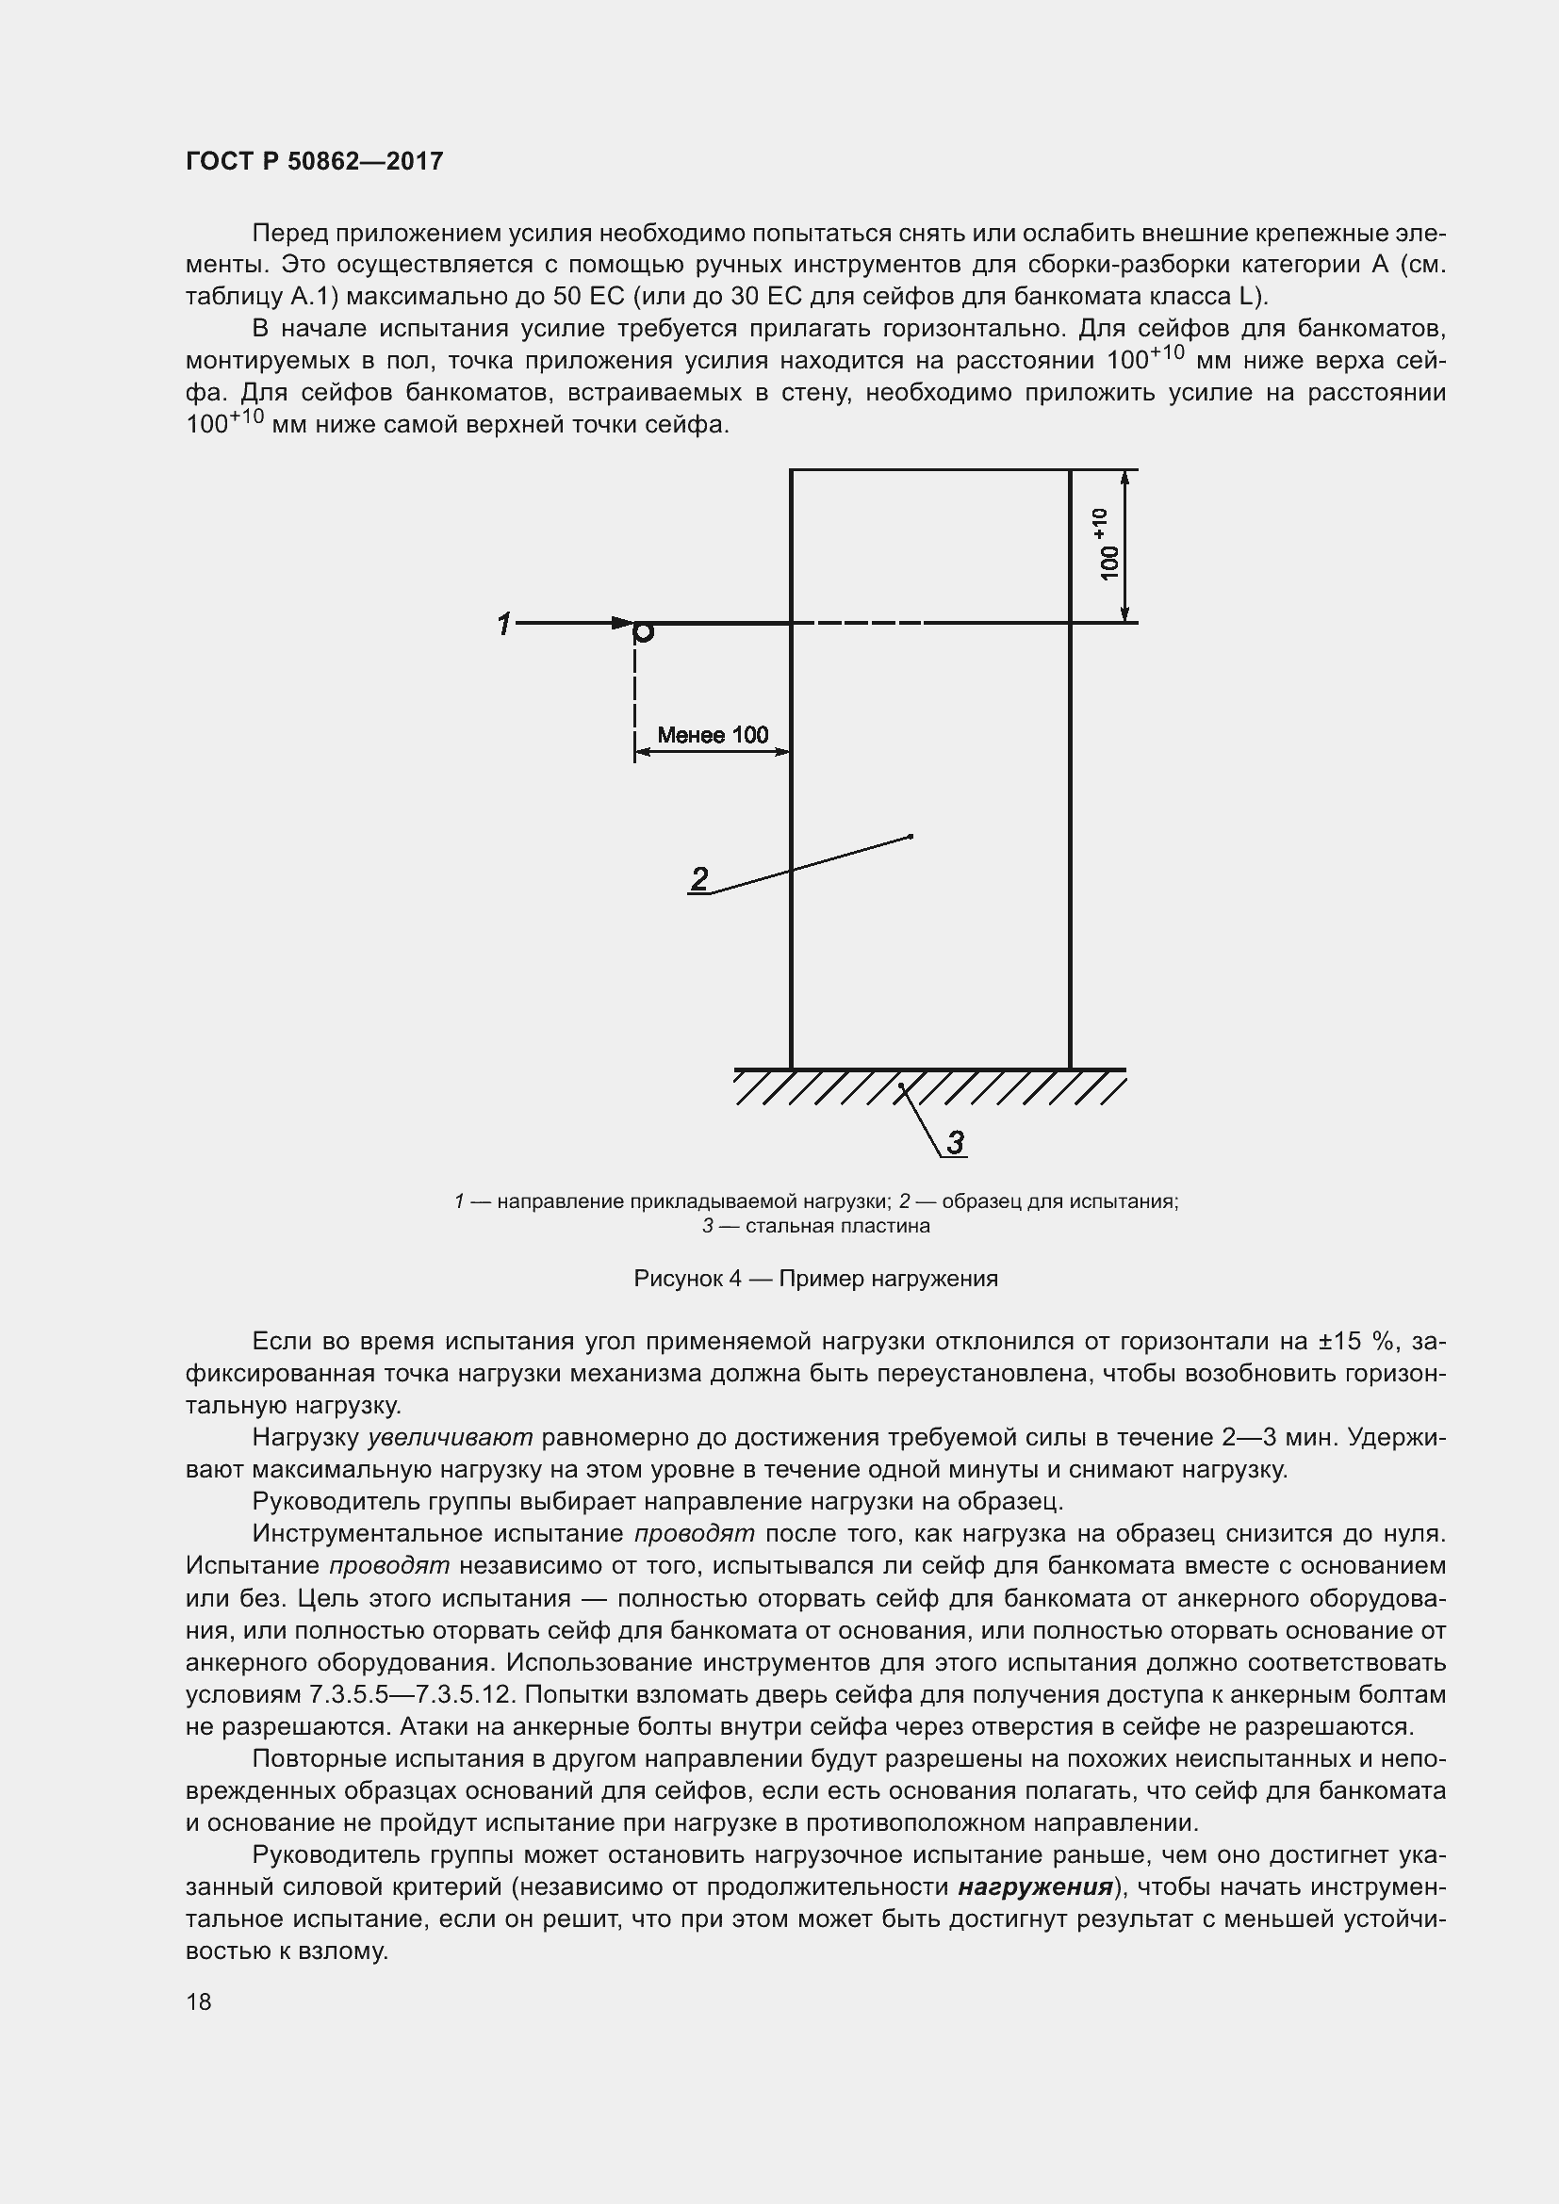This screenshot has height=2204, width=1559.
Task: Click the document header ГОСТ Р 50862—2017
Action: [x=314, y=161]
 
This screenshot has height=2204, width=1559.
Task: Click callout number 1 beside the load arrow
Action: [x=504, y=624]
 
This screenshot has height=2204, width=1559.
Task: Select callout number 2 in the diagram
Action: [x=699, y=877]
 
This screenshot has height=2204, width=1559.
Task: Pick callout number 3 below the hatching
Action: [x=955, y=1142]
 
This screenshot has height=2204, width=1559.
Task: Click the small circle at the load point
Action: [x=644, y=631]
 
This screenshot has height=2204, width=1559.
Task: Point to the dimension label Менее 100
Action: [x=713, y=735]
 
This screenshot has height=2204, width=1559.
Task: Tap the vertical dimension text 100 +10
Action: [x=1106, y=546]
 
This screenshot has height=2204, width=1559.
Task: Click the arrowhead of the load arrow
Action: [x=622, y=623]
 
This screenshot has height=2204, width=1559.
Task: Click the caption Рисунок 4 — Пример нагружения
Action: [x=816, y=1279]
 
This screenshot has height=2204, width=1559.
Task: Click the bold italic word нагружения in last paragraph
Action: [x=1035, y=1887]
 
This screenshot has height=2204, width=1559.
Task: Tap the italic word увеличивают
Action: [x=451, y=1437]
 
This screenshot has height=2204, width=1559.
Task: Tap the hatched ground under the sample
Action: [x=929, y=1088]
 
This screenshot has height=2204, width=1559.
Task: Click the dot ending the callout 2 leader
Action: [x=911, y=837]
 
